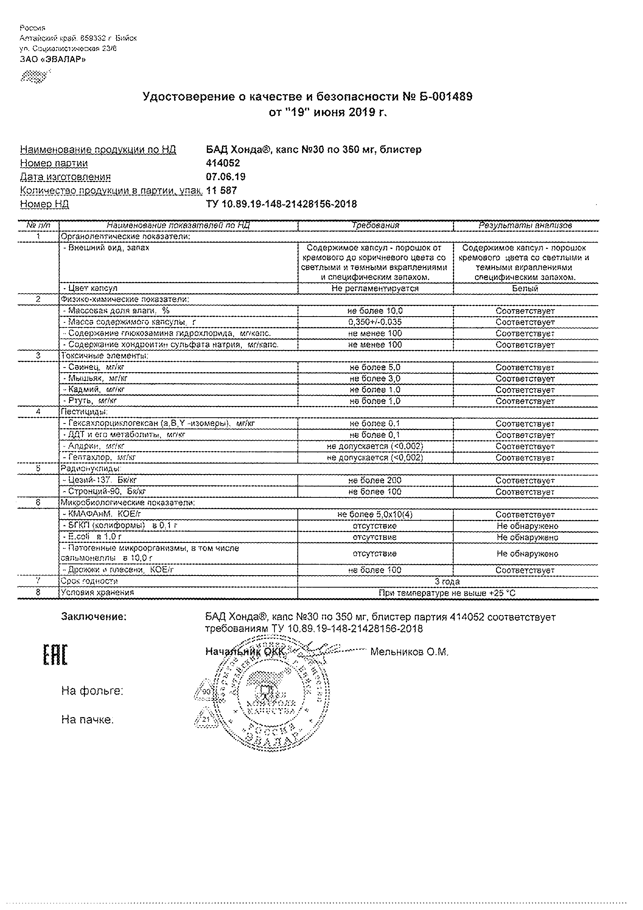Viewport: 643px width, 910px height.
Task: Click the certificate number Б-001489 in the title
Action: point(439,97)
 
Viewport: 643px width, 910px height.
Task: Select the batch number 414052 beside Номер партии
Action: point(223,163)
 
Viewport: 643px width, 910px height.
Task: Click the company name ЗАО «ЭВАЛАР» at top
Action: point(53,59)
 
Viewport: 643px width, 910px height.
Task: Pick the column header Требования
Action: point(376,226)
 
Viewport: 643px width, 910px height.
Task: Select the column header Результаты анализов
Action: point(525,226)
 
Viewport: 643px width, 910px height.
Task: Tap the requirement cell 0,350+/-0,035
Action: point(375,322)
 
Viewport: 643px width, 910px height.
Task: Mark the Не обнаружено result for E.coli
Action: point(527,537)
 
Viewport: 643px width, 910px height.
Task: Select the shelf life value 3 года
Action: point(447,581)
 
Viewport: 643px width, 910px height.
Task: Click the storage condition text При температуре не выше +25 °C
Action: point(447,593)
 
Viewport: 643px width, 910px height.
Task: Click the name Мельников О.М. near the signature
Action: point(409,652)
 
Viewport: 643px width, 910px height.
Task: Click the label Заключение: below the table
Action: point(94,617)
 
